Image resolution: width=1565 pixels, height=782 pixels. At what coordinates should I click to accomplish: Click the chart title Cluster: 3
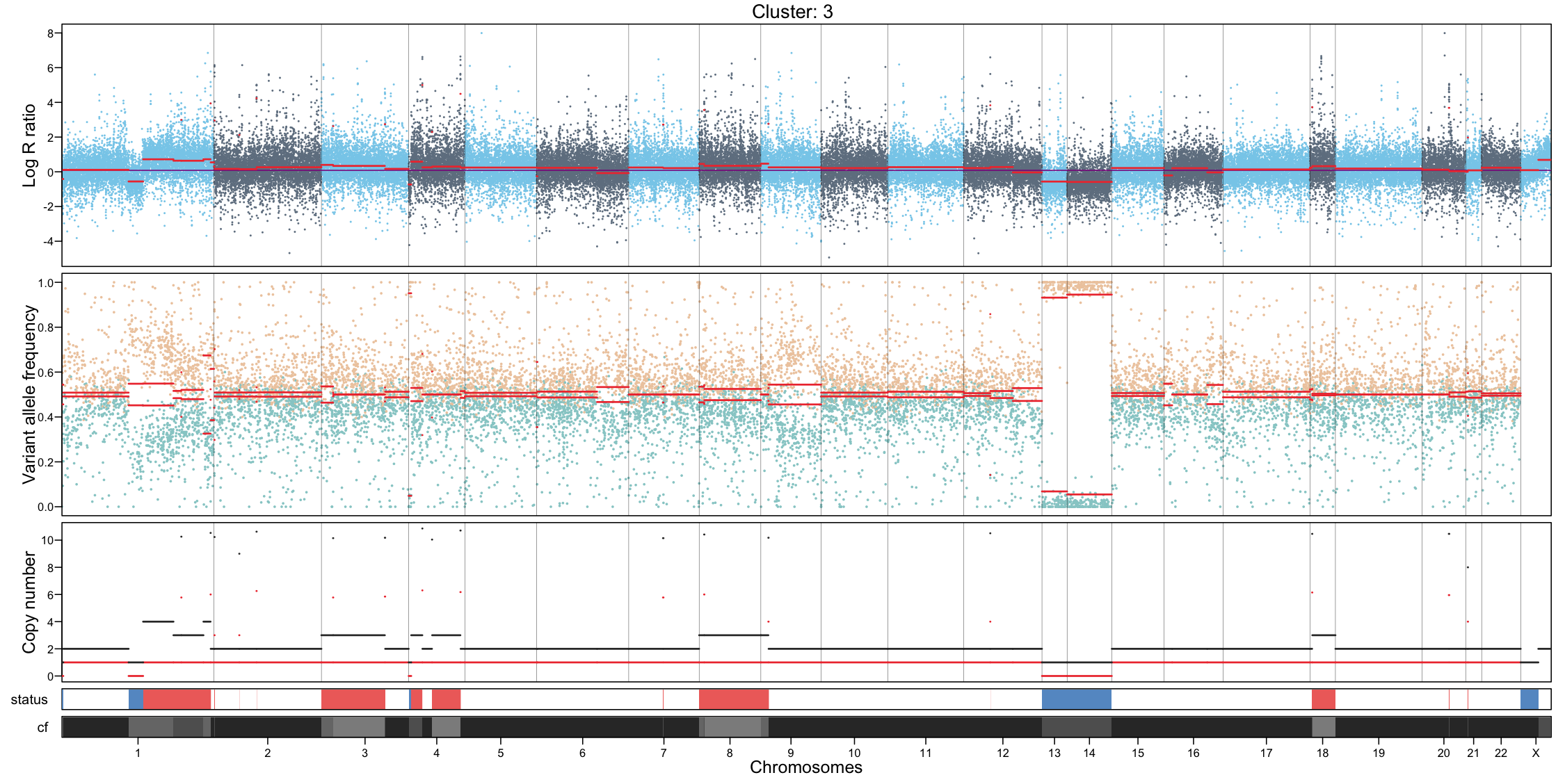click(792, 12)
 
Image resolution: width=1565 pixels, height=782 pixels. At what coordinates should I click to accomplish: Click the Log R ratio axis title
click(29, 145)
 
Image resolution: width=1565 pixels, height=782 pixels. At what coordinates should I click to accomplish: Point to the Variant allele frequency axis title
click(29, 394)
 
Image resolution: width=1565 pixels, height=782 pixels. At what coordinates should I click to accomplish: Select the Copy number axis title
click(29, 602)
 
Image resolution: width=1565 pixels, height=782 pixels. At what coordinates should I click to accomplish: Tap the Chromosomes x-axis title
click(805, 767)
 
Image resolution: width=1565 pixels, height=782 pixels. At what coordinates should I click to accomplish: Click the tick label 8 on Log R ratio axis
click(50, 33)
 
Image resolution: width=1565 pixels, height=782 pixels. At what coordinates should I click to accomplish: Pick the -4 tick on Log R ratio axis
click(47, 241)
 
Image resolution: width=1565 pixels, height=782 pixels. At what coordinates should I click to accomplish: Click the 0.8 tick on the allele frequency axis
click(46, 327)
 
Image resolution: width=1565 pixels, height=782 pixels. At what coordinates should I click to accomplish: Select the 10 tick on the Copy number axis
click(47, 540)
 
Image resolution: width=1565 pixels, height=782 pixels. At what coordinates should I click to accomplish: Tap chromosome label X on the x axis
click(1536, 753)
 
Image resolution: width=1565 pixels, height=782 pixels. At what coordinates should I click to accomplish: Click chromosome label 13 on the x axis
click(1054, 753)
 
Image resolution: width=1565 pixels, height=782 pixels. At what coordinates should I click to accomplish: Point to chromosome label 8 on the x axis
click(729, 753)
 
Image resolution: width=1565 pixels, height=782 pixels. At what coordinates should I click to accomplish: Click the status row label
click(29, 700)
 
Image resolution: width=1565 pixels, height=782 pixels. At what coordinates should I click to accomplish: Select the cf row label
click(42, 728)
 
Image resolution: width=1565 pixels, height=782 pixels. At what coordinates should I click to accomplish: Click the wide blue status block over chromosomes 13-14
click(1076, 699)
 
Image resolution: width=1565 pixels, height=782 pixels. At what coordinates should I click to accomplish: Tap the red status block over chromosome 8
click(733, 699)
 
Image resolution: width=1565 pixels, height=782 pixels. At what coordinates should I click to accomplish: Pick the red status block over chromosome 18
click(1323, 699)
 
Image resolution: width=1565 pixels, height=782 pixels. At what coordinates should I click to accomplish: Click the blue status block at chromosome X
click(1529, 699)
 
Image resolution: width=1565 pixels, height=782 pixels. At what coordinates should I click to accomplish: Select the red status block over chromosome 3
click(353, 699)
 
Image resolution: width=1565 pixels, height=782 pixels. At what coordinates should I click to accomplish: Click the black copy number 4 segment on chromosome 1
click(158, 621)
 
